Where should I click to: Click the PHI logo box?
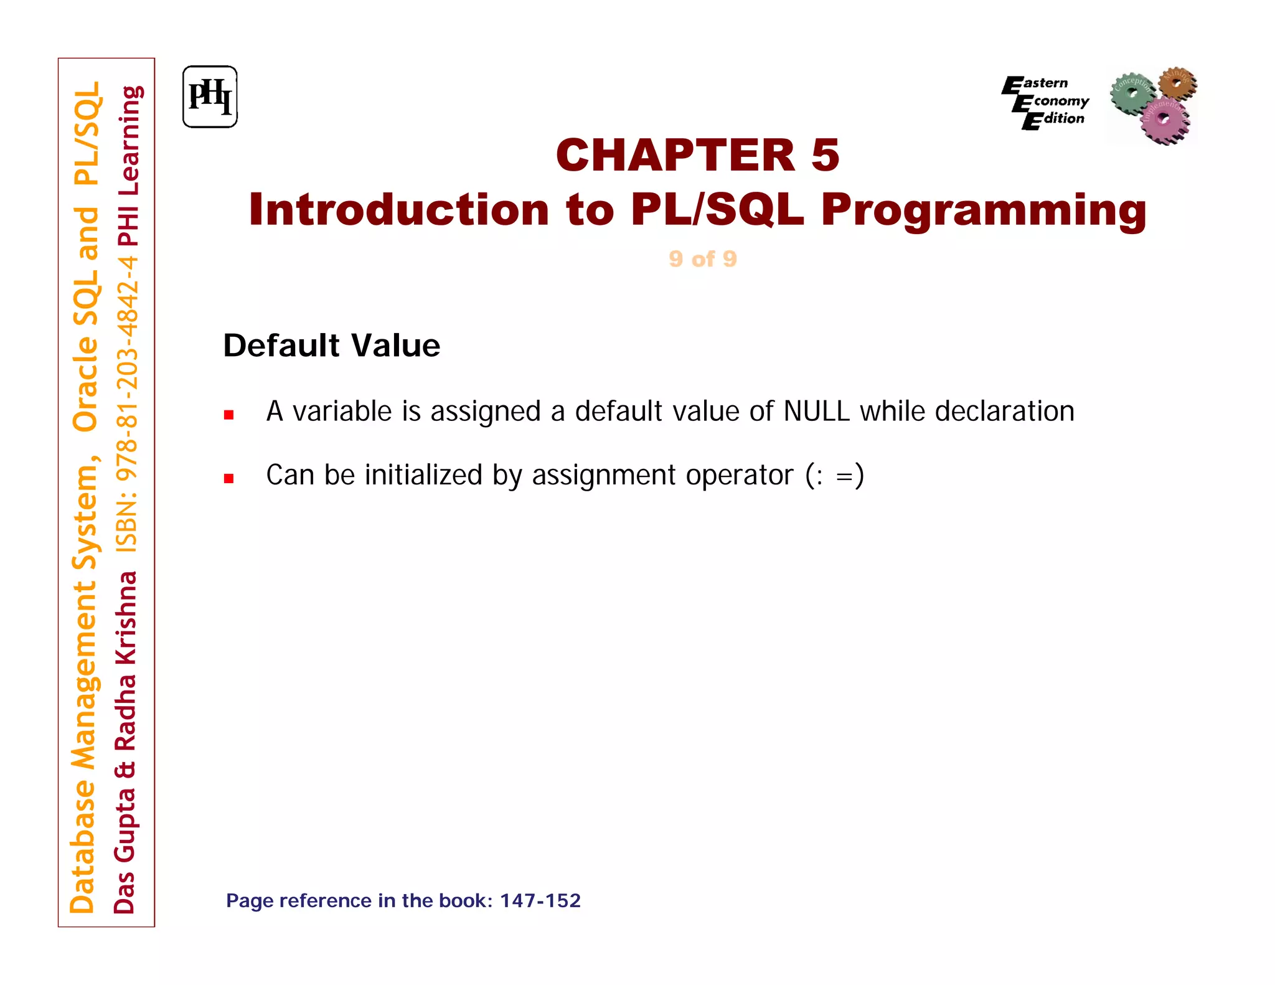(210, 97)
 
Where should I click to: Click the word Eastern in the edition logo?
(1043, 83)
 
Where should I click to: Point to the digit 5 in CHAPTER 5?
(825, 155)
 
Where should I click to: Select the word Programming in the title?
(984, 210)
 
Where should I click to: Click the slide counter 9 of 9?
(703, 258)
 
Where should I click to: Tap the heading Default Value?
(331, 346)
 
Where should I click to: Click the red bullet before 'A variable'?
(228, 415)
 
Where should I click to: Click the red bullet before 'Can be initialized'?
(228, 478)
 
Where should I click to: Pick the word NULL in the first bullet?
(816, 412)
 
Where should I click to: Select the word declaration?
(1004, 412)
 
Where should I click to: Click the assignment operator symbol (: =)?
(834, 476)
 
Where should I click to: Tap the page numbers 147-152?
(540, 900)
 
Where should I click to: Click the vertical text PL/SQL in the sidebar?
(86, 133)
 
